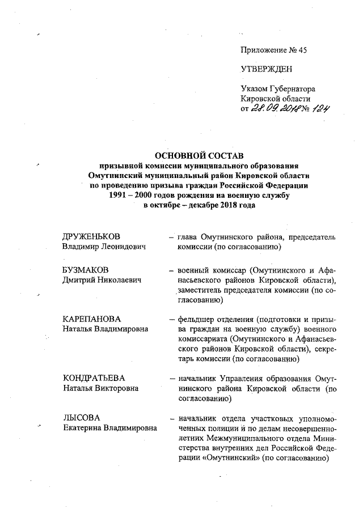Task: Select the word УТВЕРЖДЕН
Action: [267, 69]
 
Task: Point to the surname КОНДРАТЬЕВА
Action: [94, 378]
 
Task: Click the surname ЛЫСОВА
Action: [79, 418]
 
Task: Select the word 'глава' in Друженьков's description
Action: [188, 236]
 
